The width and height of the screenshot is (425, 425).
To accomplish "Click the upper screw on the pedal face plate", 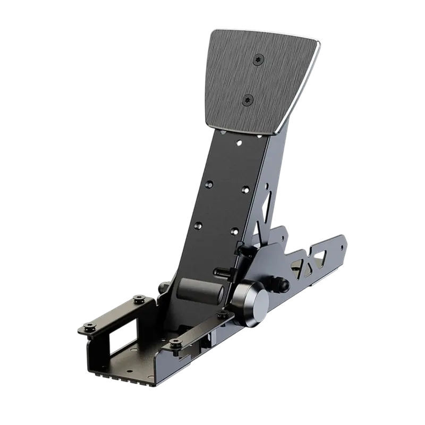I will pyautogui.click(x=258, y=59).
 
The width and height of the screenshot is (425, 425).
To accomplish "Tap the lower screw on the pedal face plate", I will pyautogui.click(x=248, y=99).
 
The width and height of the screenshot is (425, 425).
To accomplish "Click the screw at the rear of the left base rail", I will pyautogui.click(x=139, y=299).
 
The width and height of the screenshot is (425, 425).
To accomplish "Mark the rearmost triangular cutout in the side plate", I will pyautogui.click(x=320, y=258).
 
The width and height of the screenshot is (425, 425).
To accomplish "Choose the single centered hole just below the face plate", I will pyautogui.click(x=239, y=143).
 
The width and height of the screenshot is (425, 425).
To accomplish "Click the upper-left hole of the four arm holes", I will pyautogui.click(x=209, y=184).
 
